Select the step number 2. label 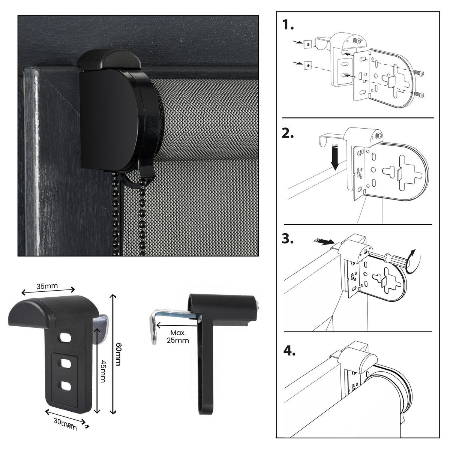tap(288, 133)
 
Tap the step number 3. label tap(288, 239)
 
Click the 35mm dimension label tap(47, 286)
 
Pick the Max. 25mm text tap(179, 337)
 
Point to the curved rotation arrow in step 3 tap(414, 262)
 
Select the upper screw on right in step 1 tap(420, 74)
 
